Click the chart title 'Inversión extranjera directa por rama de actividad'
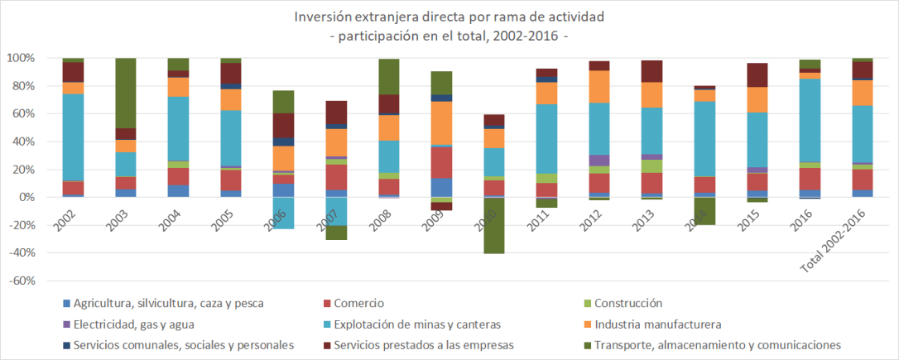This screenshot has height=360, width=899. coord(449,17)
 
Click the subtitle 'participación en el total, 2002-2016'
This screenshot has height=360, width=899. coord(449,36)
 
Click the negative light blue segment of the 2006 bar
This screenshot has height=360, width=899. coord(284,213)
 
